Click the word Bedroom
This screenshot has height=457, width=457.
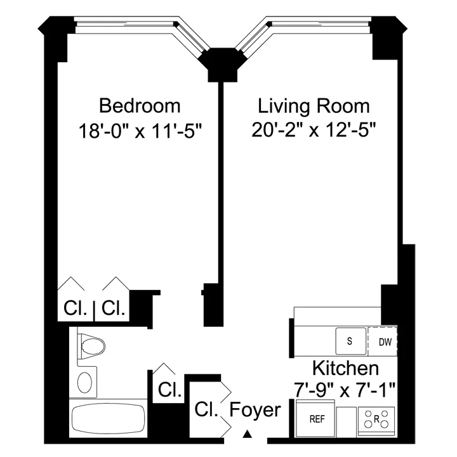pyautogui.click(x=140, y=105)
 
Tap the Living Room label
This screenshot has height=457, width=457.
pyautogui.click(x=314, y=105)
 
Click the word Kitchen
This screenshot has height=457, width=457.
pyautogui.click(x=345, y=368)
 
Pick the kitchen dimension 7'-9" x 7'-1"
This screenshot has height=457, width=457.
pyautogui.click(x=345, y=388)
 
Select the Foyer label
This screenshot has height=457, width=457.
pyautogui.click(x=255, y=410)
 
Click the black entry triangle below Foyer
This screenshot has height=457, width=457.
pyautogui.click(x=248, y=435)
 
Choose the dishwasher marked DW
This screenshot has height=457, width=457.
pyautogui.click(x=385, y=342)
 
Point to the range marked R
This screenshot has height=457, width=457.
pyautogui.click(x=376, y=420)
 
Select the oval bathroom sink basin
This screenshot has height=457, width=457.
pyautogui.click(x=84, y=383)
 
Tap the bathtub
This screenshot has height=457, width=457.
pyautogui.click(x=109, y=419)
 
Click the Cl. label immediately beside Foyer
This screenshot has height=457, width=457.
pyautogui.click(x=207, y=408)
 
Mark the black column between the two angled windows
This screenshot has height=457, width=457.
pyautogui.click(x=219, y=65)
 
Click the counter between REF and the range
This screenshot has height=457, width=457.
pyautogui.click(x=347, y=420)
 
